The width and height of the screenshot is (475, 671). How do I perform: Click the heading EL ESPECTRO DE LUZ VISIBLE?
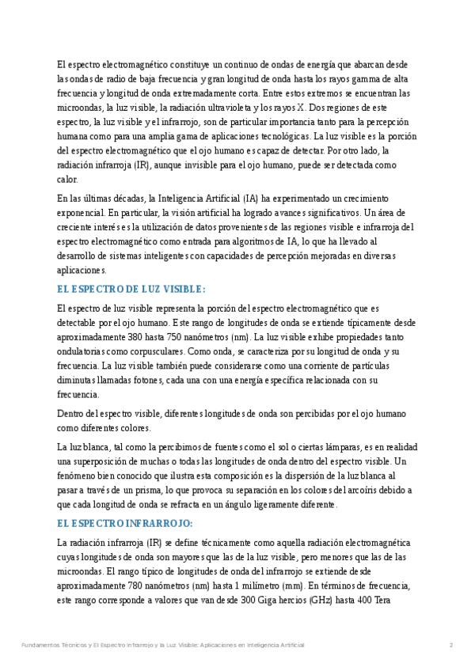pyautogui.click(x=131, y=289)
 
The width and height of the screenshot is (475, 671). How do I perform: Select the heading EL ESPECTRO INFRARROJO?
pyautogui.click(x=125, y=523)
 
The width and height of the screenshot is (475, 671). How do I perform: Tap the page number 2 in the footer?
pyautogui.click(x=450, y=646)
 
